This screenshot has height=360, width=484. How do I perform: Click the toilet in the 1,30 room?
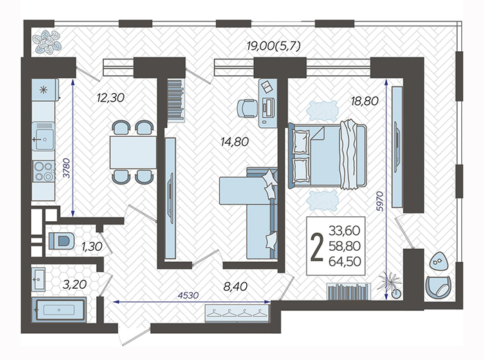[x=62, y=241]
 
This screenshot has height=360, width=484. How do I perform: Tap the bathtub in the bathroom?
[x=59, y=310]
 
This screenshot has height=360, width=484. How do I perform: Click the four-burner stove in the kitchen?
[x=44, y=171]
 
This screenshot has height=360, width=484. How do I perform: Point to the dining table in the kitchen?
[x=133, y=153]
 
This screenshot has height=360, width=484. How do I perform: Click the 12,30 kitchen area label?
[x=111, y=98]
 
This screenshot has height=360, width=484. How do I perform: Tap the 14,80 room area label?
[x=234, y=142]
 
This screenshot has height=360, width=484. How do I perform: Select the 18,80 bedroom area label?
[x=364, y=101]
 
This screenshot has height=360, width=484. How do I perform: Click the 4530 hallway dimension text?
[x=188, y=295]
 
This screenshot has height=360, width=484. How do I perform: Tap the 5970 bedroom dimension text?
[x=380, y=201]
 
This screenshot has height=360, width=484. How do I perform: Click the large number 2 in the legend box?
[x=317, y=247]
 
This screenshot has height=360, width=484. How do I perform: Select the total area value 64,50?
[x=345, y=261]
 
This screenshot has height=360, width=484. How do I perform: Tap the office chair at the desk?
[x=247, y=108]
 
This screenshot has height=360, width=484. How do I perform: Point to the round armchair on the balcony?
[x=439, y=287]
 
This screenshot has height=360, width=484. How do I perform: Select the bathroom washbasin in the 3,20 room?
[x=38, y=279]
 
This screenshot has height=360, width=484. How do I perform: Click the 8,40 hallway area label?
[x=236, y=286]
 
